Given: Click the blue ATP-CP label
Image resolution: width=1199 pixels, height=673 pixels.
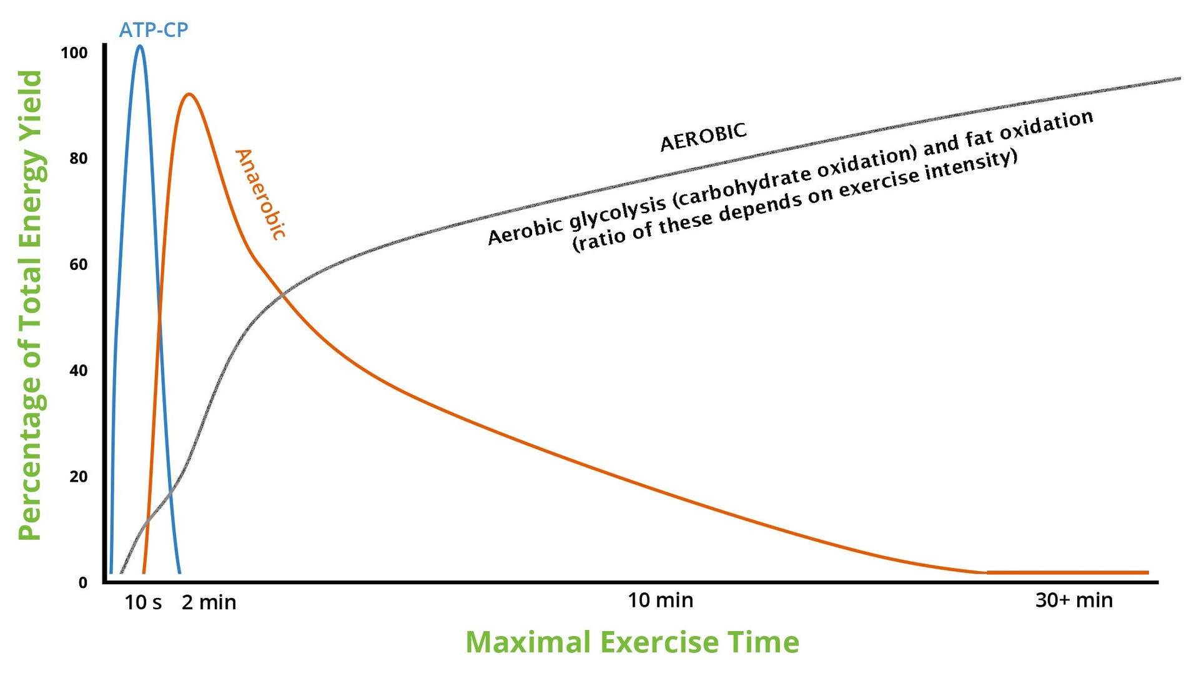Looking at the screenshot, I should (x=154, y=29).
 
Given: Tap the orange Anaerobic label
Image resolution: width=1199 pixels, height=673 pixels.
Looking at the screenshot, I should (x=260, y=194).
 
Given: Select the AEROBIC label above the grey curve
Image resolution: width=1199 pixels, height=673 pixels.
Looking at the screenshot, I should (x=703, y=137).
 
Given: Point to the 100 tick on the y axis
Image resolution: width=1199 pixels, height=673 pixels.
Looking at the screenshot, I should (x=74, y=53).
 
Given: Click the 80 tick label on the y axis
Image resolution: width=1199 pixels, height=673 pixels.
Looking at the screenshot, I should (x=79, y=159).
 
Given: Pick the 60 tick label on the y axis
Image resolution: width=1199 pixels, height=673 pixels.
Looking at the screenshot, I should (x=79, y=265).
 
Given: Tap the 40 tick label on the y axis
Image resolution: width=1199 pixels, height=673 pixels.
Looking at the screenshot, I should (x=79, y=371).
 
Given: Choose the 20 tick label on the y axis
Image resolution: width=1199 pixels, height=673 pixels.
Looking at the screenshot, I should (x=79, y=477).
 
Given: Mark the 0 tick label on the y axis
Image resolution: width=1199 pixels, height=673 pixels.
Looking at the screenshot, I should (x=83, y=583).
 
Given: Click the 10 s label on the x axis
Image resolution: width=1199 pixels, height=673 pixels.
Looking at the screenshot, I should (x=143, y=602).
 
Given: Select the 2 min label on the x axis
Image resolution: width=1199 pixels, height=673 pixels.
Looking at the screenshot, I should (x=209, y=602).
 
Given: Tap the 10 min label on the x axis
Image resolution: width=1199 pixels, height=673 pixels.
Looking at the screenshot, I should (x=660, y=600).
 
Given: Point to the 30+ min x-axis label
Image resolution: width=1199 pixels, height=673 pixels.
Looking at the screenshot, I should (x=1073, y=600).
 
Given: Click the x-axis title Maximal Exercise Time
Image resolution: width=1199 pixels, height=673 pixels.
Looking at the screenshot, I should (x=632, y=642).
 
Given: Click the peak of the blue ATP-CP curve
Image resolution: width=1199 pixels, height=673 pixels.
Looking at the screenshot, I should (x=139, y=46).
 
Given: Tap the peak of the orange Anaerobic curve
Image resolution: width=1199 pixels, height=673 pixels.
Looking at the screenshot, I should (x=189, y=94).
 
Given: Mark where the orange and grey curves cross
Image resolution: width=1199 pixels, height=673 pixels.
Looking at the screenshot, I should (x=283, y=294).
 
